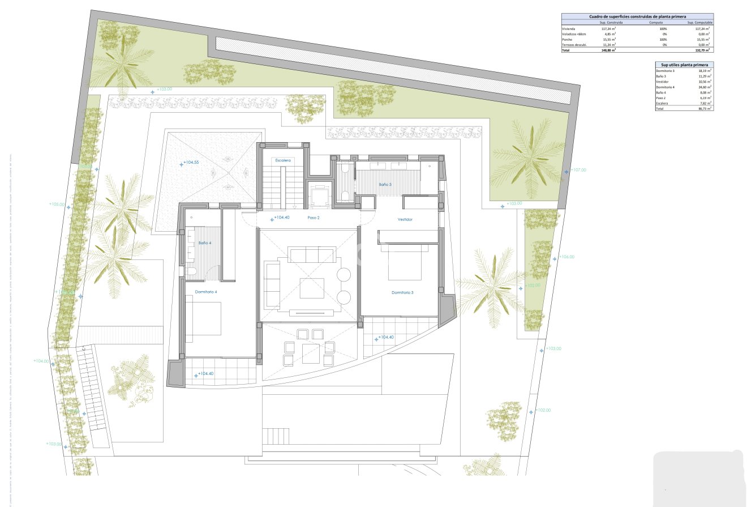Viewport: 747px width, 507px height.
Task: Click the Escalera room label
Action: [x=282, y=160]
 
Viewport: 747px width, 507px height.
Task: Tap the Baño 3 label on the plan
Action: [x=385, y=184]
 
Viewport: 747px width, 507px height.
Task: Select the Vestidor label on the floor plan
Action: [x=405, y=219]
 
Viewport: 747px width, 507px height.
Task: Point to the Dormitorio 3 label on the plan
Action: [x=402, y=292]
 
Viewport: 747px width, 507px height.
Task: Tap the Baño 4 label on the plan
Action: [x=205, y=242]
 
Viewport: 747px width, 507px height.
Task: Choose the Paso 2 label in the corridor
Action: [x=314, y=218]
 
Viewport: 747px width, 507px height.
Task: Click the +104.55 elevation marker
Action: [x=191, y=162]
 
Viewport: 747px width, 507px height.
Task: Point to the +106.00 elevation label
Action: [x=566, y=257]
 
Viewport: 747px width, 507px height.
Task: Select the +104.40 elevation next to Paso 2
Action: [x=281, y=218]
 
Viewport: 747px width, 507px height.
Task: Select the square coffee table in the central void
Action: [x=312, y=288]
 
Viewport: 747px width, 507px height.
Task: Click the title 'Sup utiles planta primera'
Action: [x=683, y=65]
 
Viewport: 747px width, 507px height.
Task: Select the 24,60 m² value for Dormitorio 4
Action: [x=704, y=87]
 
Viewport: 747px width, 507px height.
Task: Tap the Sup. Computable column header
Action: [x=699, y=23]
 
